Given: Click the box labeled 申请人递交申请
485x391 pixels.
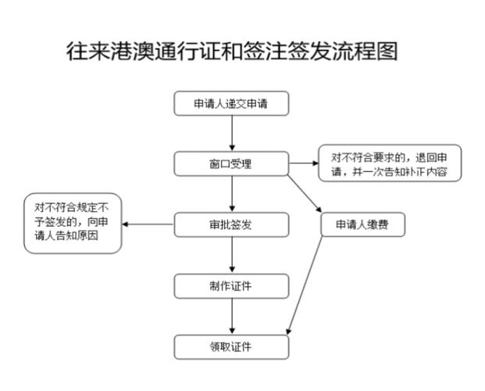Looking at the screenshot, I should coord(231,104).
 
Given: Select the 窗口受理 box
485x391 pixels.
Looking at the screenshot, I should coord(231,164).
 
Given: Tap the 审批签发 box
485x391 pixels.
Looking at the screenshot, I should coord(231,224).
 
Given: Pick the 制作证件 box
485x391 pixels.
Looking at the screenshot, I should coord(231,285).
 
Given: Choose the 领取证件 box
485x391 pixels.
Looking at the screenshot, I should coord(231,346).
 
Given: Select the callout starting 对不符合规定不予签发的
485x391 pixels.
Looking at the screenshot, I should coord(73,223).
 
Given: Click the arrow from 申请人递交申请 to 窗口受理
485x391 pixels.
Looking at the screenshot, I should coord(232,134).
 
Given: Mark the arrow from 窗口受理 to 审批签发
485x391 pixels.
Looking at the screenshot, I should coord(232,195).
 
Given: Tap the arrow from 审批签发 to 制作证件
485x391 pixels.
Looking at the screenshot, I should coord(232,255).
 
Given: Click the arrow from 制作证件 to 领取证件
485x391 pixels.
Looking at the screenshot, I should coord(232,316).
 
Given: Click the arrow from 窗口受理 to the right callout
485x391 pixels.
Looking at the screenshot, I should coord(304,164).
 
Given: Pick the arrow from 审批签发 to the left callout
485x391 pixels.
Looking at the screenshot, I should coord(148,225).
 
